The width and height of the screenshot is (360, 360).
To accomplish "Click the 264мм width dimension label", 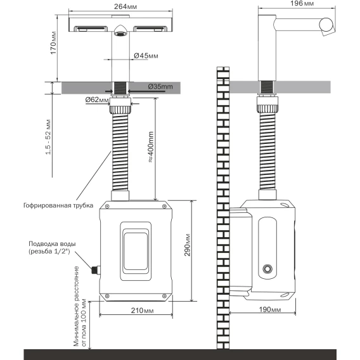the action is [125, 7].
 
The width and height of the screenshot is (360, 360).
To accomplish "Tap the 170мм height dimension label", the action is [53, 43].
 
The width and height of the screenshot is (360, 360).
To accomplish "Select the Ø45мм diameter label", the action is [146, 56].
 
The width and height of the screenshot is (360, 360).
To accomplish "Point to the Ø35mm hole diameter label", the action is [160, 87].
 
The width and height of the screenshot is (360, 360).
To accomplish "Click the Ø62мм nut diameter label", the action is [97, 100].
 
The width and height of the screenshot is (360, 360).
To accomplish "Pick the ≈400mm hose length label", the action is [151, 147].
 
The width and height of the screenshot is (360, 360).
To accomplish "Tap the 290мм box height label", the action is [188, 245].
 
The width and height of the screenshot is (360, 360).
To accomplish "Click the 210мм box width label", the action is [143, 311].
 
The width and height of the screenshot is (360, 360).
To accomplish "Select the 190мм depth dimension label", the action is [270, 309].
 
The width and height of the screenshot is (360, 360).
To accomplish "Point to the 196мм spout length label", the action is [302, 3].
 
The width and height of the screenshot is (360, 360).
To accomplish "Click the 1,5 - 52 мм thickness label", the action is [48, 137].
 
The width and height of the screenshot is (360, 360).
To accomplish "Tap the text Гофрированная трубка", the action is [58, 205].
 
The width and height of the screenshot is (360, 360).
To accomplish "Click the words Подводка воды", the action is [52, 243].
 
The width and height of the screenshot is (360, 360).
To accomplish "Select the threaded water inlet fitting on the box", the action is [96, 270].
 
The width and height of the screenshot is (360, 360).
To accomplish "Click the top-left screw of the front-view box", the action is [107, 207].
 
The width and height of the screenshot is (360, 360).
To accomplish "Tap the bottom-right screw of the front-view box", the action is [164, 296].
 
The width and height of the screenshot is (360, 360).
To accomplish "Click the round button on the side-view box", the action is [267, 268].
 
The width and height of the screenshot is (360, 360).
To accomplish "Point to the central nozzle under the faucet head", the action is [120, 30].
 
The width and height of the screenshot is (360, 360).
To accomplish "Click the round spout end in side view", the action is [326, 25].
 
